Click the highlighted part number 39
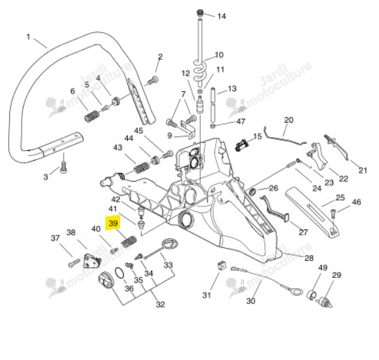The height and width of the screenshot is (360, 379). (x=113, y=223)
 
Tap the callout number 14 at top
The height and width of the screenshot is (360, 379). (x=222, y=16)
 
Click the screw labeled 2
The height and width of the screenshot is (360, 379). (x=153, y=80)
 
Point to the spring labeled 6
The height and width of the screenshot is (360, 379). (x=92, y=116)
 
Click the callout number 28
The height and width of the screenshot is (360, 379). (x=309, y=258)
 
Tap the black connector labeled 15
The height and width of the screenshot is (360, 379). (x=242, y=145)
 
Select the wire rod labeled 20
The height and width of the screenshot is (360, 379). (x=285, y=137)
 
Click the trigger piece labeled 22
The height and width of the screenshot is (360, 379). (x=317, y=157)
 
